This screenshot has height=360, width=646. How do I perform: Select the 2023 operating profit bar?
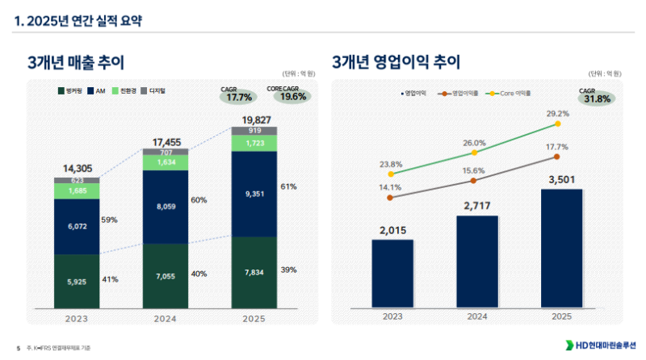click(392, 274)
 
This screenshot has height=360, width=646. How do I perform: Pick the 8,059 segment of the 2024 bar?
click(166, 207)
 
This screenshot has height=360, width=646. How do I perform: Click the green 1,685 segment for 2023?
click(77, 191)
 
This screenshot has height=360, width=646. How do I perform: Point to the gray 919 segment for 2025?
click(254, 131)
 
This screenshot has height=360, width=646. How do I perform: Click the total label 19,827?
click(254, 120)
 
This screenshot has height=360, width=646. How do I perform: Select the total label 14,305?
click(77, 169)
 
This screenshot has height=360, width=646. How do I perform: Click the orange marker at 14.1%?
click(391, 197)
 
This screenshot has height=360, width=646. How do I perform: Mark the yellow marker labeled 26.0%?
click(475, 153)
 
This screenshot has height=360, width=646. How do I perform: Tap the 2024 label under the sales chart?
click(166, 319)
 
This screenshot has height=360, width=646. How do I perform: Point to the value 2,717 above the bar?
click(475, 207)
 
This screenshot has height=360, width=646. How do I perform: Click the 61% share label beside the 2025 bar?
click(288, 186)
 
